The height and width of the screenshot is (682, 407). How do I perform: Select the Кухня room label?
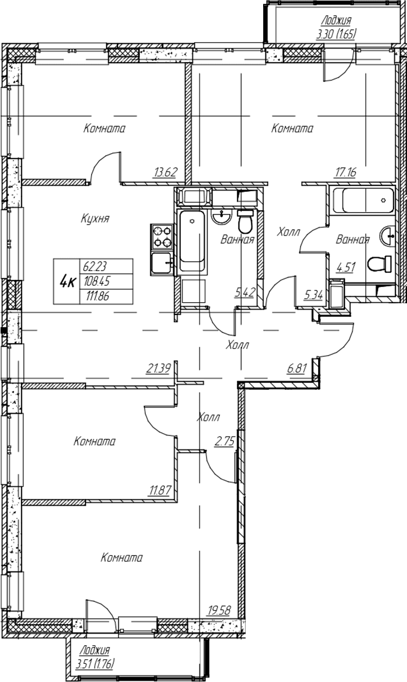(95, 219)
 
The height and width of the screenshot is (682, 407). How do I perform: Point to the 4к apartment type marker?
(66, 282)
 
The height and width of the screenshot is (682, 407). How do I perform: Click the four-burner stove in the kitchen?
(162, 237)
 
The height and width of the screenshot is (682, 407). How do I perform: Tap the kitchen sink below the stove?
(162, 263)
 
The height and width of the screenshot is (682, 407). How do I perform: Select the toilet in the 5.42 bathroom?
(245, 221)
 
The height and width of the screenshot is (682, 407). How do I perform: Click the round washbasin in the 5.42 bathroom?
(222, 216)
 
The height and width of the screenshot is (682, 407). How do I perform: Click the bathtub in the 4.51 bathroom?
(362, 201)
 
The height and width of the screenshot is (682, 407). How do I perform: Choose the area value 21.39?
(157, 369)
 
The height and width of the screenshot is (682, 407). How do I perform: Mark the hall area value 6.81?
(297, 368)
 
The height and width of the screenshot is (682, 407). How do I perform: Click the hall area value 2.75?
(225, 442)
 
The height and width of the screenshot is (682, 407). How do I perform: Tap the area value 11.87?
(159, 491)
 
